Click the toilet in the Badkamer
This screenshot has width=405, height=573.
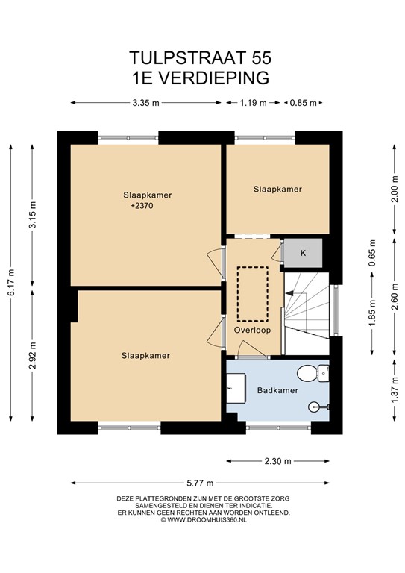point(313,373)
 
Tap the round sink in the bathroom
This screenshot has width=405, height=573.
point(315,407)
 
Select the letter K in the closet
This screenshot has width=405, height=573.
point(303,253)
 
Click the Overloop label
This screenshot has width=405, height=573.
point(252,330)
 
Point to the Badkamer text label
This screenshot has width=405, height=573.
point(277,390)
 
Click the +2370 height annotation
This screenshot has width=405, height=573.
point(142,206)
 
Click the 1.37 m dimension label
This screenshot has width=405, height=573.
point(395,390)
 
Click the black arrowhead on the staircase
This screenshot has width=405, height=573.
point(289,293)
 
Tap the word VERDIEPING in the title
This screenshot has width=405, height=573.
point(216,78)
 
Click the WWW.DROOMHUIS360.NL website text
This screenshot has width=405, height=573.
point(207,519)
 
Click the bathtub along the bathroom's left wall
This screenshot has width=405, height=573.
point(236,388)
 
